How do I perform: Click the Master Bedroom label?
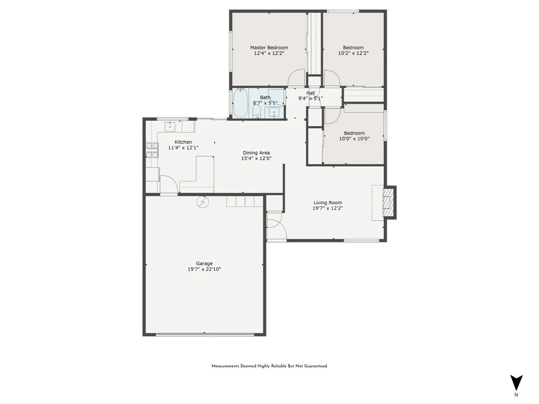(x=269, y=48)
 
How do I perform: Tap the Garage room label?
(x=204, y=264)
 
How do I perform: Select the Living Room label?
(x=327, y=203)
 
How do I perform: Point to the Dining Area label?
(x=256, y=153)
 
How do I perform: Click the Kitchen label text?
(x=183, y=142)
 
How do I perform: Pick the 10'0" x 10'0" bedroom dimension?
(x=354, y=139)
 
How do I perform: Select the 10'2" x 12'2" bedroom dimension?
(x=353, y=53)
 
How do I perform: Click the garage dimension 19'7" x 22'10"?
(x=204, y=269)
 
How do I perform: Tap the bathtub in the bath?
(x=240, y=103)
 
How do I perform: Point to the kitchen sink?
(x=170, y=126)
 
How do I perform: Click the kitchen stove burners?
(x=152, y=150)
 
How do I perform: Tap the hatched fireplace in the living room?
(x=387, y=203)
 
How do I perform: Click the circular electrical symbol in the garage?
(x=203, y=203)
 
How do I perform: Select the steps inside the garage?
(x=245, y=201)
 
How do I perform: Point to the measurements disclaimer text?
(x=269, y=366)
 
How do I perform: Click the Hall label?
(x=311, y=93)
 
